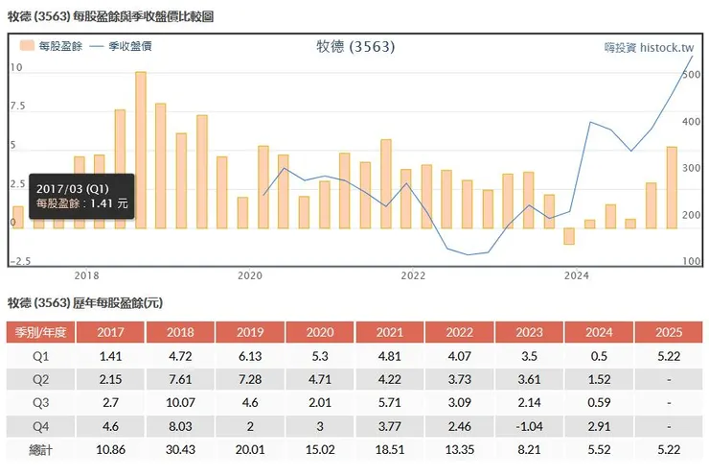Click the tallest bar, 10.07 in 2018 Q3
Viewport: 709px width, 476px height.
coord(141,149)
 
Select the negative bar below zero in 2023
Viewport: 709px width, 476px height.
coord(569,236)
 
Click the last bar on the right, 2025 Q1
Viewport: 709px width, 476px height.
coord(672,187)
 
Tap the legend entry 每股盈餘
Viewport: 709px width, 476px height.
coord(48,46)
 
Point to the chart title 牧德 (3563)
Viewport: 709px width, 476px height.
coord(354,46)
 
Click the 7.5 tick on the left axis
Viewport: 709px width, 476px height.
coord(17,107)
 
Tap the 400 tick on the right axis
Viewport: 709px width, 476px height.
coord(692,122)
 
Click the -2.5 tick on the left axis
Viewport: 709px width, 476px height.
coord(20,261)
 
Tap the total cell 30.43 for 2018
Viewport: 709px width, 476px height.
coord(180,450)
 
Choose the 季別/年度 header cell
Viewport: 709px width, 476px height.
coord(38,333)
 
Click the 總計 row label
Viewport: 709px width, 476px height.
coord(38,450)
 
